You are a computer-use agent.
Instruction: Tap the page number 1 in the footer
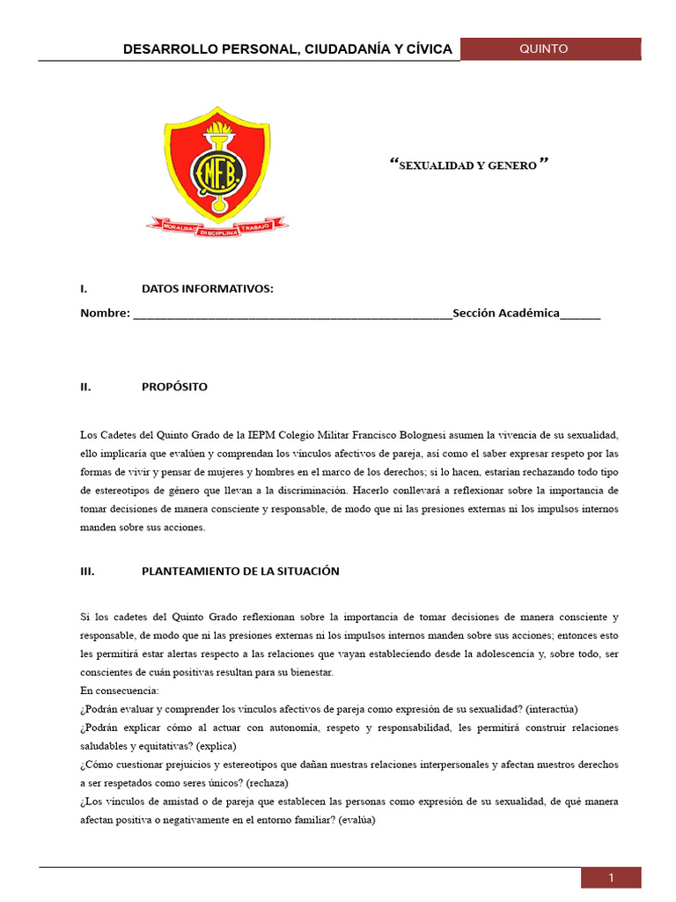coord(610,877)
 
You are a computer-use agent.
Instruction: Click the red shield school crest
coord(217,163)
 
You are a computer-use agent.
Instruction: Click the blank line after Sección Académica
coord(580,314)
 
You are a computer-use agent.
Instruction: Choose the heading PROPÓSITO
coord(174,387)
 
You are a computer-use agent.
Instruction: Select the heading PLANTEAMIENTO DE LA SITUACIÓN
coord(239,571)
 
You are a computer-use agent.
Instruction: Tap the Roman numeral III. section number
coord(87,571)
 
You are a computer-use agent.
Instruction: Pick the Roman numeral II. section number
coord(85,387)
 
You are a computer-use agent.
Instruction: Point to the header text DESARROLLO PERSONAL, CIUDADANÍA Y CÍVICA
coord(288,49)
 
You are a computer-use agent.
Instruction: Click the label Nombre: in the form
coord(105,314)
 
